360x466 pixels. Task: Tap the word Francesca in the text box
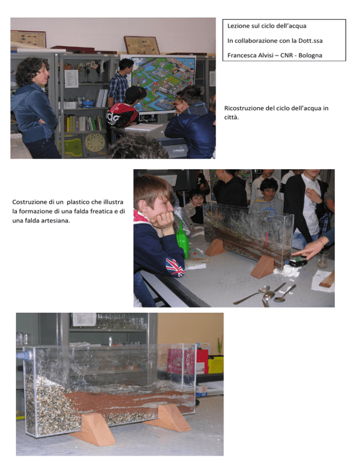pos(241,55)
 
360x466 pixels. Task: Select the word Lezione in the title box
pos(239,26)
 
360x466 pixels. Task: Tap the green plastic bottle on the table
pos(182,239)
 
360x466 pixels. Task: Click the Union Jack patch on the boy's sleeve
pos(175,267)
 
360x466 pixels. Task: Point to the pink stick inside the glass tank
pos(267,239)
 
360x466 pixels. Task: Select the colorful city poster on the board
pos(163,84)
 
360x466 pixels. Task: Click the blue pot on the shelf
pos(88,103)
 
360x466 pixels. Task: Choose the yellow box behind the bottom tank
pos(216,364)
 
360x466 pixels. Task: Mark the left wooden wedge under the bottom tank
pos(93,429)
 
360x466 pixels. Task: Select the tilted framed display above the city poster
pos(142,45)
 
